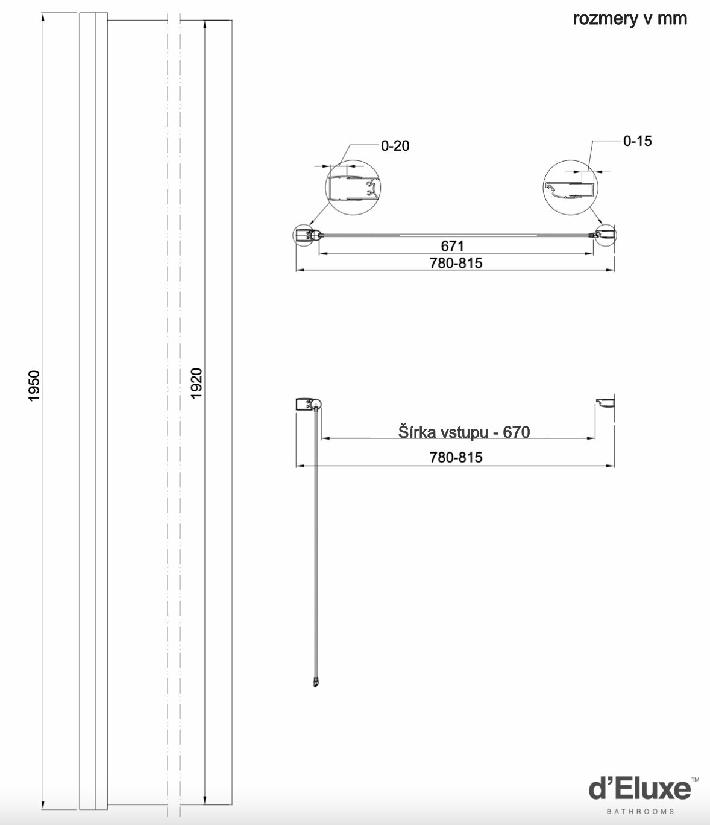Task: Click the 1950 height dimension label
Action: click(34, 385)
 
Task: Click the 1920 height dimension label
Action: click(196, 383)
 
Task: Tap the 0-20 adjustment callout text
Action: click(395, 146)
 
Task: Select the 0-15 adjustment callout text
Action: click(638, 141)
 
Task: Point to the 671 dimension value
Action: click(452, 246)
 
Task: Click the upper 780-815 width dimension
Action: click(456, 263)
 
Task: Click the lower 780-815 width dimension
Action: click(456, 457)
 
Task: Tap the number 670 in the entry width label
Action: click(516, 432)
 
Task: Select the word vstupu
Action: click(464, 433)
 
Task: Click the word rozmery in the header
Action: click(605, 19)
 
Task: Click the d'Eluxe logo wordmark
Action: click(640, 789)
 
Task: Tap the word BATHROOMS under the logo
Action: click(641, 811)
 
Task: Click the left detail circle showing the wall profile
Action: click(353, 188)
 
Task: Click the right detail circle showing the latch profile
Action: click(570, 187)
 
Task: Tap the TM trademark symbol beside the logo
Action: click(696, 780)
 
